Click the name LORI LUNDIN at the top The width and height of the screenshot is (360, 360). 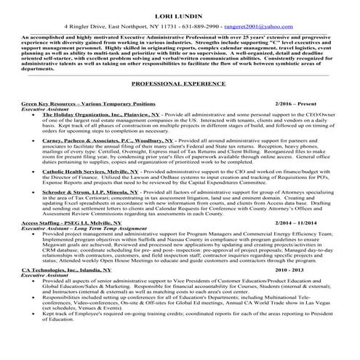(180, 14)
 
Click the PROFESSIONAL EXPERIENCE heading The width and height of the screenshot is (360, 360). (179, 84)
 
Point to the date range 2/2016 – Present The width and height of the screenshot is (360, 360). (297, 105)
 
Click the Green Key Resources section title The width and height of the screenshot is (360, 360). (88, 105)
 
